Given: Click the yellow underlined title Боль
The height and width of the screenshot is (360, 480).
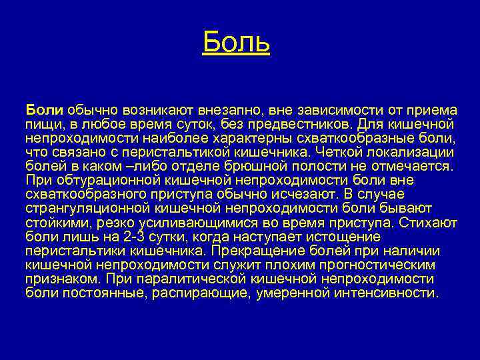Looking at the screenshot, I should [236, 43].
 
